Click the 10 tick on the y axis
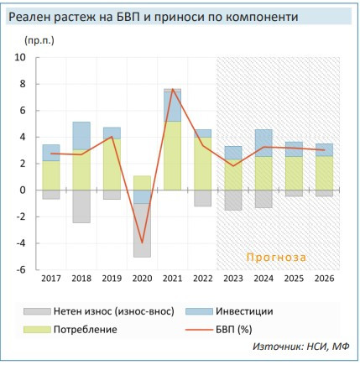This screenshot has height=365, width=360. coord(21,58)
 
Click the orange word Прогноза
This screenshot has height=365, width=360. coord(276,257)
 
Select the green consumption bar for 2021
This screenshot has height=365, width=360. coord(172,155)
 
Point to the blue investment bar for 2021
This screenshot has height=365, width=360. coord(172,105)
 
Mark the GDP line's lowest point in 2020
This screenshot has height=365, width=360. coord(142,242)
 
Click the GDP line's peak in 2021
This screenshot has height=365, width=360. coord(172,89)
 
